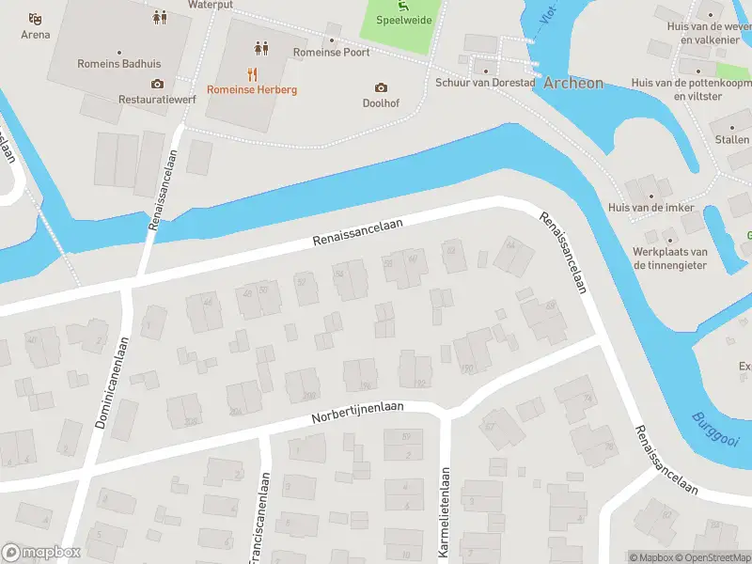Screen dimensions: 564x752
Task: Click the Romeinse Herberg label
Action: (252, 89)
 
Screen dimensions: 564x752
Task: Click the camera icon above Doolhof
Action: (381, 87)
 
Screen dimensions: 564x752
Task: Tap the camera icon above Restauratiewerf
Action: (156, 84)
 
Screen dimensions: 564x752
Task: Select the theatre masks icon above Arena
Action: (36, 18)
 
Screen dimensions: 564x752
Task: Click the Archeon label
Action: (573, 83)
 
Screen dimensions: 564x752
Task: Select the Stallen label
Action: (732, 139)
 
